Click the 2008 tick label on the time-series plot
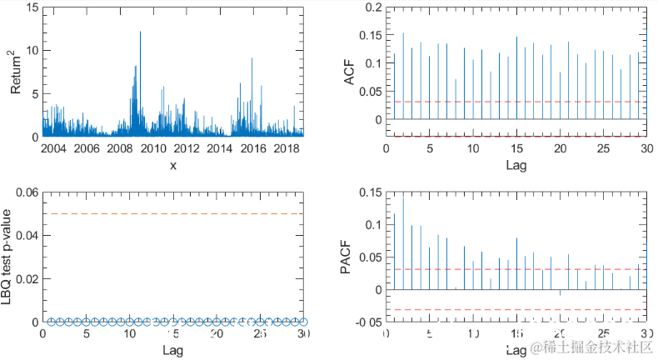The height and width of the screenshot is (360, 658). coord(120,148)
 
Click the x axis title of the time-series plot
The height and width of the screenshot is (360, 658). coord(173,165)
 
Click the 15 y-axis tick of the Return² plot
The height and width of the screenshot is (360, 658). coord(32,7)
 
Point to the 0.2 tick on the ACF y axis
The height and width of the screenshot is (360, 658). coord(372,7)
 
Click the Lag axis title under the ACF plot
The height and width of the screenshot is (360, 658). coord(516,165)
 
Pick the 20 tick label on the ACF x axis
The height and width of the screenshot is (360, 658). coord(561,148)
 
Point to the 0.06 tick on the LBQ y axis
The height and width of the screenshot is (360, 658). coord(27,192)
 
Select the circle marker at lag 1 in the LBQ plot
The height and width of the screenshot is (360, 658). coord(52,321)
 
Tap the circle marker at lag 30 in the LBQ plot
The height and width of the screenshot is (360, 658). coord(303,321)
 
